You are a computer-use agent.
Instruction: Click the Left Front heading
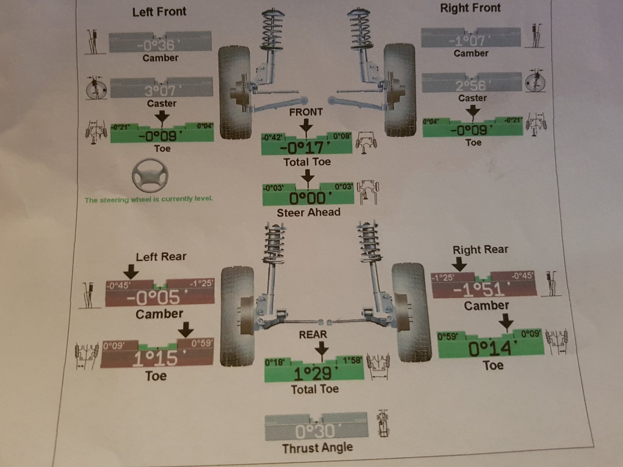tap(159, 12)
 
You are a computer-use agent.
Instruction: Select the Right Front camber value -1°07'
tap(467, 40)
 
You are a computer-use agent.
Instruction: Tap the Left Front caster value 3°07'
tap(160, 91)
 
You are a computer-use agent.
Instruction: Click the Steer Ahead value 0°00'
tap(308, 198)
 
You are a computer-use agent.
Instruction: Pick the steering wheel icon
tap(150, 175)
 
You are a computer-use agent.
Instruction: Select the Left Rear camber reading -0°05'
tap(153, 298)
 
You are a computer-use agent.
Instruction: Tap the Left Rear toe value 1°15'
tap(155, 358)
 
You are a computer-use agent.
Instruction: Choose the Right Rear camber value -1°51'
tap(482, 289)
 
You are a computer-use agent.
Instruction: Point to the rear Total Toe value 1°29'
tap(313, 374)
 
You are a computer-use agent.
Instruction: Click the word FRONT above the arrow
tap(306, 112)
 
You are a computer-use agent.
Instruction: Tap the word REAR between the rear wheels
tap(313, 335)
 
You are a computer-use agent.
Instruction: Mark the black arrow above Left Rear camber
tap(131, 271)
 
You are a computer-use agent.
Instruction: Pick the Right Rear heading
tap(480, 249)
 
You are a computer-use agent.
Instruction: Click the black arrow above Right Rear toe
tap(506, 322)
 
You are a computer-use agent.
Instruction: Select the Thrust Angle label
tap(317, 448)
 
